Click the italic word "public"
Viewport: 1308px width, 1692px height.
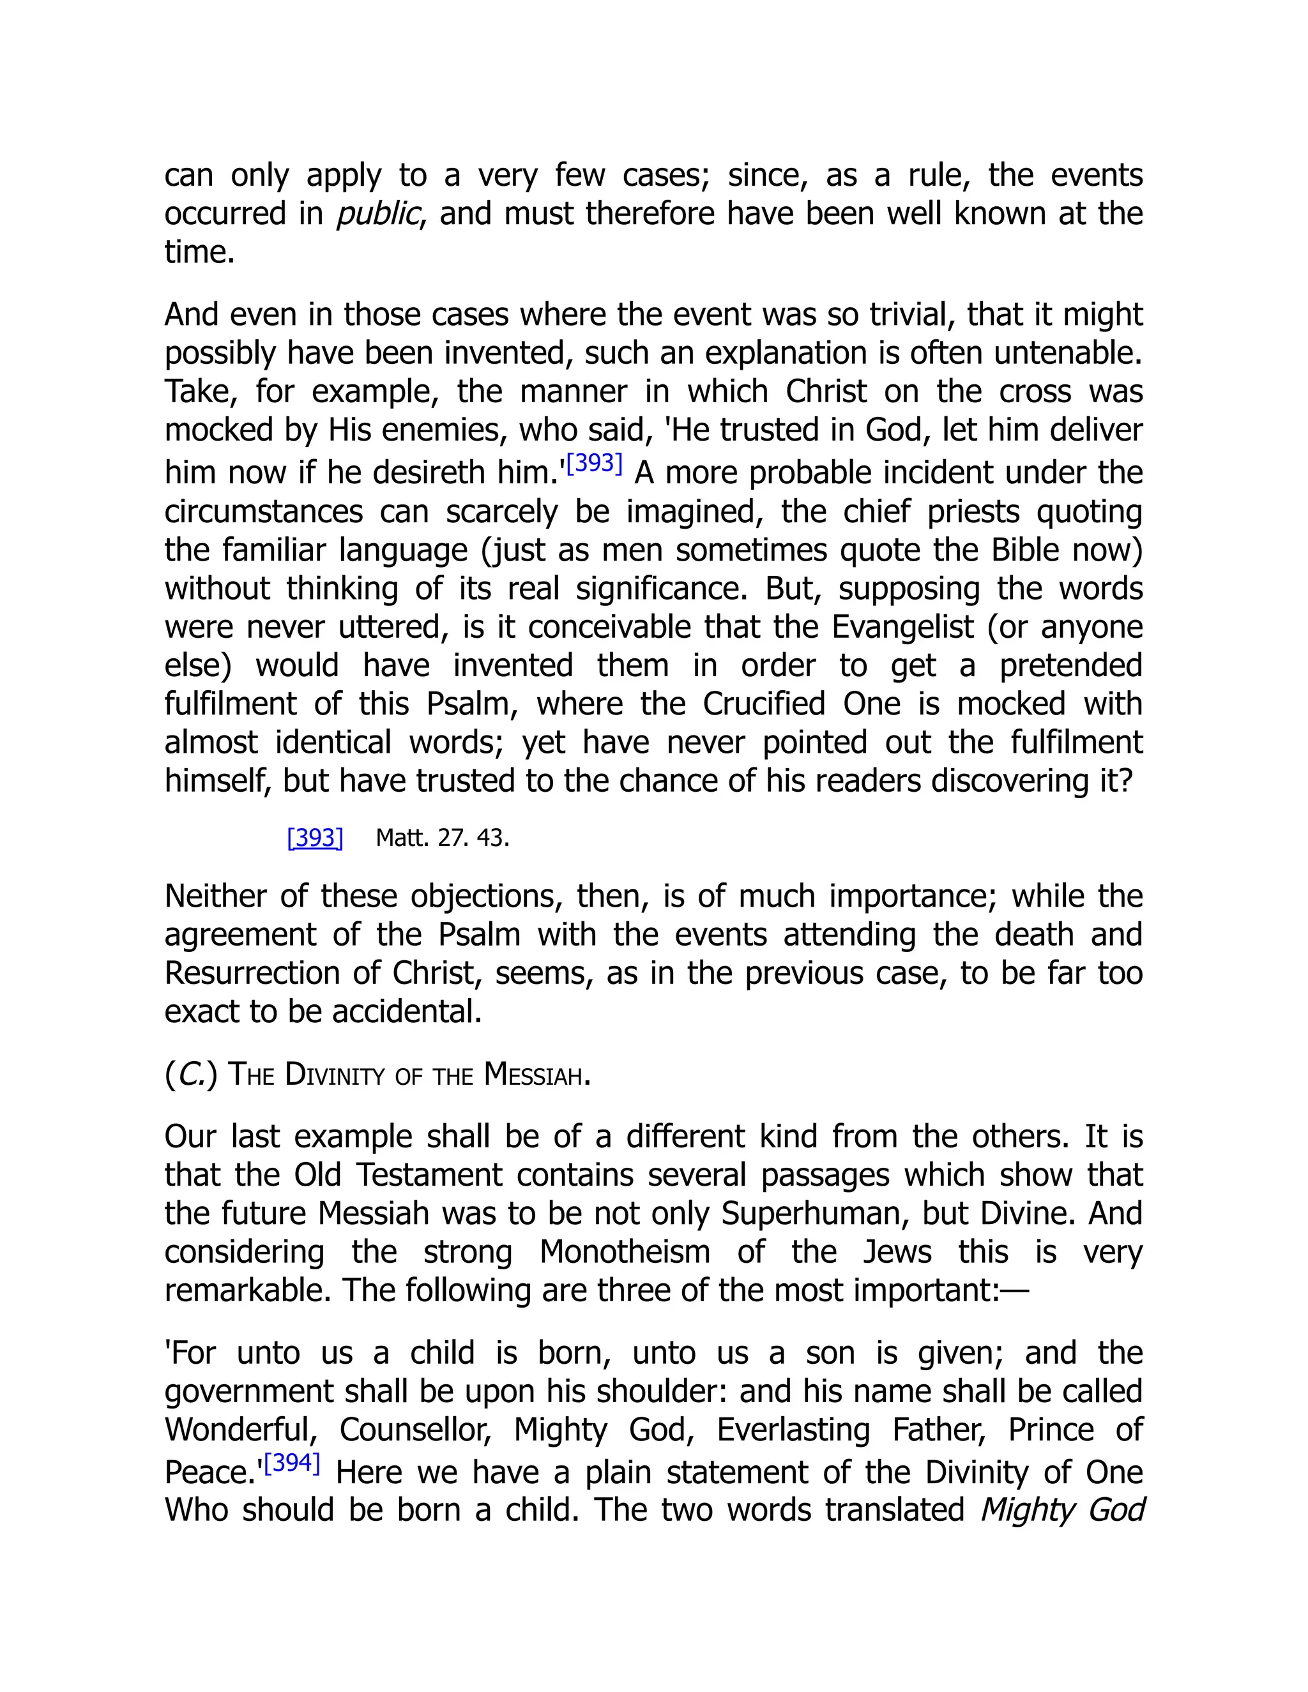click(377, 214)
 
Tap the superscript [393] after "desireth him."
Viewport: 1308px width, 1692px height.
click(595, 464)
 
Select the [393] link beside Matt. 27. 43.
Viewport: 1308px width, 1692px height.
click(315, 838)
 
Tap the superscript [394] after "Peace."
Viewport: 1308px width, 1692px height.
click(292, 1463)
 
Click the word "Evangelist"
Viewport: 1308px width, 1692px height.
click(902, 627)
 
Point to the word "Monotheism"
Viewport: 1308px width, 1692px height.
click(625, 1251)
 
